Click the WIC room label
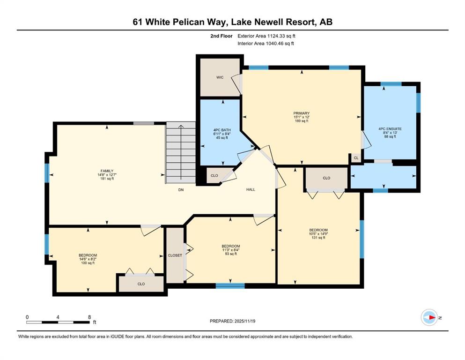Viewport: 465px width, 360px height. (220, 77)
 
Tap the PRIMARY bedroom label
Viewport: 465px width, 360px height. (301, 113)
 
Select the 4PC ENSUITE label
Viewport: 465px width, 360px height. (390, 129)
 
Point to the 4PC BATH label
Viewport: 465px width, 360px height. (222, 130)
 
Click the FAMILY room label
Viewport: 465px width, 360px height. (107, 171)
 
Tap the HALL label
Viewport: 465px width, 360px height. (251, 189)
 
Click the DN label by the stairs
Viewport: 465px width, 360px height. (181, 190)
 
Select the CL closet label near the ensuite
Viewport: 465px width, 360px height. (356, 158)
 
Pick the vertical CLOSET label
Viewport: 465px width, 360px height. (175, 255)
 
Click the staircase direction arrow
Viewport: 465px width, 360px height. (181, 153)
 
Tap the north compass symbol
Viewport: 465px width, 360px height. (429, 317)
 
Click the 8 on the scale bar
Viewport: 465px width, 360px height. (89, 317)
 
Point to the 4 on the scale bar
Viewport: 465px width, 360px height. (58, 317)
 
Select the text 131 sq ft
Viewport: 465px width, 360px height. (318, 238)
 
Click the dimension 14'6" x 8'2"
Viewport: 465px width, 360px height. (88, 259)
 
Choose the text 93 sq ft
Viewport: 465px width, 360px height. (231, 254)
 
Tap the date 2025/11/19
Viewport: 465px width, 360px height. (244, 321)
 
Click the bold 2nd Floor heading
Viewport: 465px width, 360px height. (221, 36)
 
